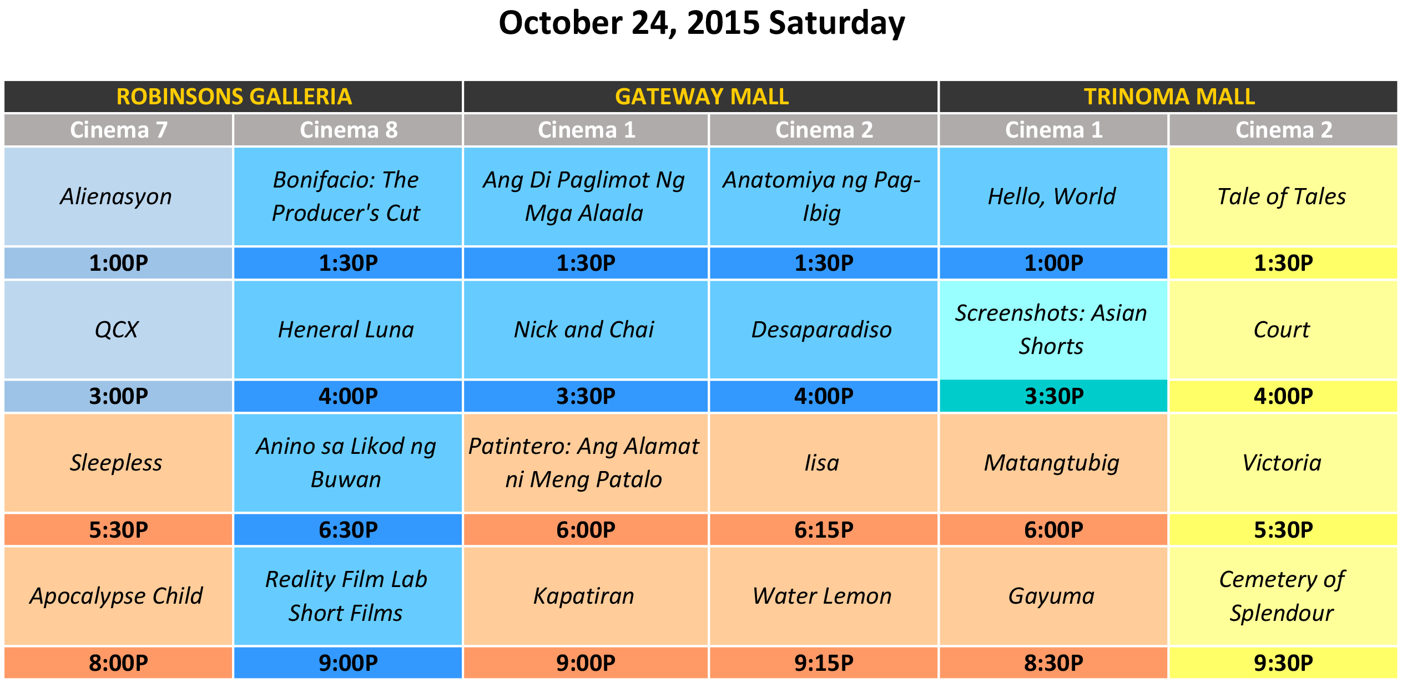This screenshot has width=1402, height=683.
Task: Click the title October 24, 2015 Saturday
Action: (702, 23)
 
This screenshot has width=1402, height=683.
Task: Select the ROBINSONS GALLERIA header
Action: (234, 97)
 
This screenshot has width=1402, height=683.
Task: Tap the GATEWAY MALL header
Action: (701, 97)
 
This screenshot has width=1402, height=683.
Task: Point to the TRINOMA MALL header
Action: (1169, 97)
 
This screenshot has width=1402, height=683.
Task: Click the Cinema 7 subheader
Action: (118, 130)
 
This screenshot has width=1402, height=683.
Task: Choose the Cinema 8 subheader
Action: (348, 130)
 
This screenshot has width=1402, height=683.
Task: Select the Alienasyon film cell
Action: (118, 196)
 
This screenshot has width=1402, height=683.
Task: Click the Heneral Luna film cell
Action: (348, 330)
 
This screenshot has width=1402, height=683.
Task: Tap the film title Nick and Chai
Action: (584, 330)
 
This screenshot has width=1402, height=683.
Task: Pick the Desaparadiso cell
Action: (824, 330)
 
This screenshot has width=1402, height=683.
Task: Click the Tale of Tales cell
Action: (1283, 196)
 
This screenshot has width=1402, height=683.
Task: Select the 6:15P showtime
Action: (824, 530)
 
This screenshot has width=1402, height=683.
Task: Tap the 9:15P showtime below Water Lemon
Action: (824, 663)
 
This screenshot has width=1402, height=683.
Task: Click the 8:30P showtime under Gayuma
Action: (1053, 663)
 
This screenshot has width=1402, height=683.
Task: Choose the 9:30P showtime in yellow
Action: (1283, 663)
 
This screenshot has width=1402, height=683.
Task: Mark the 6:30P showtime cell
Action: (348, 530)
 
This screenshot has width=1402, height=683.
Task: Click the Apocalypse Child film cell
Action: (118, 596)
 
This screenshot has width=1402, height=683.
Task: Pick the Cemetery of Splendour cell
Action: (1283, 596)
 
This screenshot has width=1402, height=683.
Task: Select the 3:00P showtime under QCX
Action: (118, 396)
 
